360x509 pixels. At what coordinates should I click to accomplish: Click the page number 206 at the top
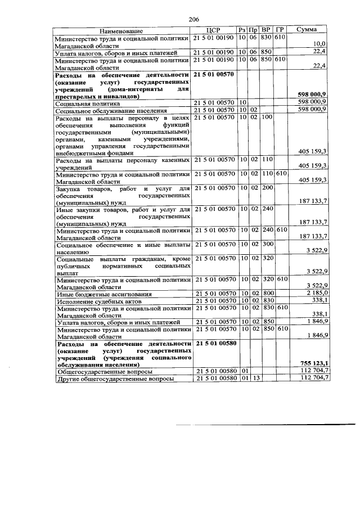(195, 19)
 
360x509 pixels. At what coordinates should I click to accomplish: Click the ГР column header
(281, 29)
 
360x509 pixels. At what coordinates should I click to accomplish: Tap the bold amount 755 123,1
(313, 363)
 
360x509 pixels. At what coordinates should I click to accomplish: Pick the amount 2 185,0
(316, 294)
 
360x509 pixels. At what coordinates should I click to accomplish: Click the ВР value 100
(267, 117)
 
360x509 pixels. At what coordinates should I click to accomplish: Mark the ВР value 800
(267, 294)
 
